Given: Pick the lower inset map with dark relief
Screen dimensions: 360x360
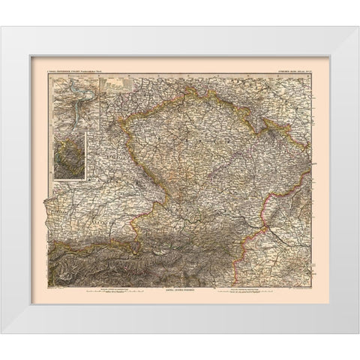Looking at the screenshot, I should pos(69,154).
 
